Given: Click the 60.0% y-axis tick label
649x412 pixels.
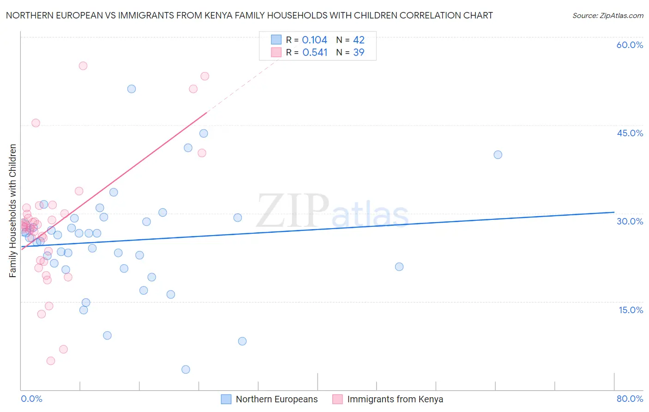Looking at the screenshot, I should pos(630,45).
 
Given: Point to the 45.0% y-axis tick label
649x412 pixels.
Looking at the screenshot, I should pos(630,133).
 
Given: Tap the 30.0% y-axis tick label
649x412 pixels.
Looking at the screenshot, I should pos(630,221).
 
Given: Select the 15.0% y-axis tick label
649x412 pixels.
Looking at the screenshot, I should pos(631,310).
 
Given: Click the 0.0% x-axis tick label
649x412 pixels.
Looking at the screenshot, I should pos(31,399).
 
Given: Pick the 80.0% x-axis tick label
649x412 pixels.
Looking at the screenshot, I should pos(630,399).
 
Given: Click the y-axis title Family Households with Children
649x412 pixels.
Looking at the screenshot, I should pos(13,211).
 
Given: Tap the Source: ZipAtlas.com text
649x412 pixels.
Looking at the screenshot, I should pos(607,15).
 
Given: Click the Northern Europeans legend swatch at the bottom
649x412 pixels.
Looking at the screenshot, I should pos(226,399).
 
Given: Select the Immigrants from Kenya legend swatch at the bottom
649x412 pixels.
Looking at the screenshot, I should pos(338,399).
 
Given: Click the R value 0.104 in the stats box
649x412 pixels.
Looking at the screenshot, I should pos(314,40).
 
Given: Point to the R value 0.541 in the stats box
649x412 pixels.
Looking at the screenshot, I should pos(315,53).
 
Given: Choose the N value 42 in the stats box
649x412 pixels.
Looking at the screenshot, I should pos(359,40).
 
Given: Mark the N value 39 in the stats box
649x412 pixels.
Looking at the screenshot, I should pos(359,53).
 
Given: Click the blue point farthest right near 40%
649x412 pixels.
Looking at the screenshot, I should pos(498,155).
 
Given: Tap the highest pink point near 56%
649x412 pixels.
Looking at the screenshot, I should pos(83,66).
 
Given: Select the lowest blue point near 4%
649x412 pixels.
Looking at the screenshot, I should pos(186,370).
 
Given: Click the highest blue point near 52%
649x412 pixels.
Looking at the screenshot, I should pos(132,89).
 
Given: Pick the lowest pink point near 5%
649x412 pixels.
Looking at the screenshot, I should pos(51,361).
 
